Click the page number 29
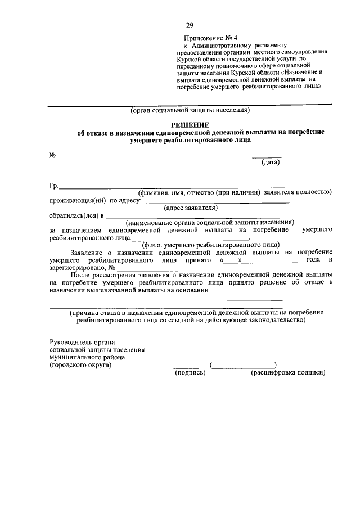click(190, 25)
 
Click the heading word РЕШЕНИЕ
click(190, 124)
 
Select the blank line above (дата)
click(267, 157)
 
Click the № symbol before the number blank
click(52, 155)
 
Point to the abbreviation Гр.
click(54, 186)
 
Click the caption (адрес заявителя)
click(190, 208)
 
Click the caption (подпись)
click(191, 372)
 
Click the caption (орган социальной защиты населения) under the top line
click(190, 110)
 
